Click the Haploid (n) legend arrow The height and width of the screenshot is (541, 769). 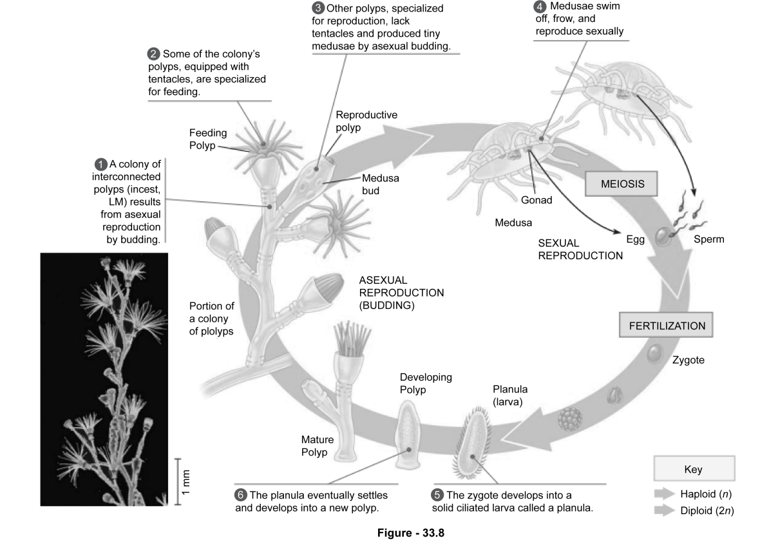coord(663,494)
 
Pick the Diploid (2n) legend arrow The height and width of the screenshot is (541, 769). coord(663,511)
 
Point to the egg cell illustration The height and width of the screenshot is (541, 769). coord(663,238)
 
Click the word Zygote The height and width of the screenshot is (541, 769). coord(688,360)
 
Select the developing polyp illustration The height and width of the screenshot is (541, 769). coord(407,435)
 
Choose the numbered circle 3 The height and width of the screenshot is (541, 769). coord(318,8)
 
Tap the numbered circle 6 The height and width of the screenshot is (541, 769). coord(241,495)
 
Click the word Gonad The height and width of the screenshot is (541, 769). coord(536,199)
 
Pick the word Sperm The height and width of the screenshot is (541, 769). coord(708,239)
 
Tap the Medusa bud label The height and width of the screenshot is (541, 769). coord(380,185)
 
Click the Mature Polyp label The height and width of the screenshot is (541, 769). coord(318,446)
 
